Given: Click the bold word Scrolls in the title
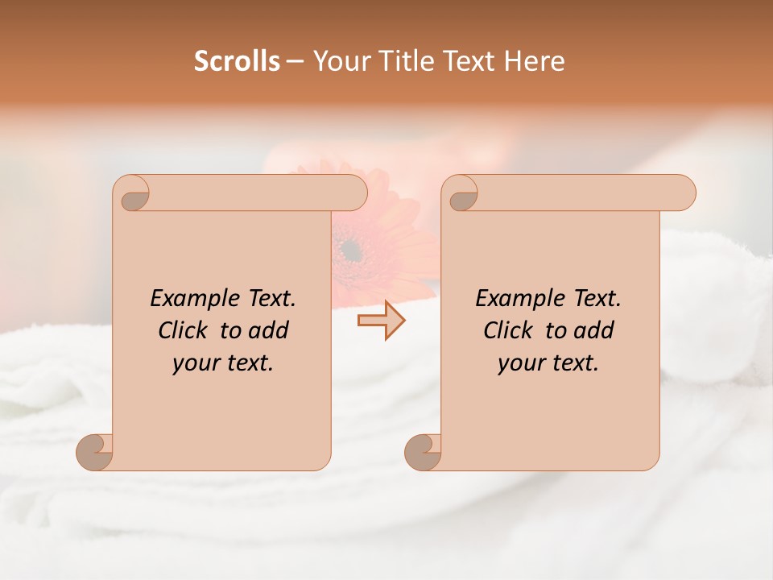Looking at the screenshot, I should click(237, 61).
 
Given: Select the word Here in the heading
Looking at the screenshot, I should click(535, 61).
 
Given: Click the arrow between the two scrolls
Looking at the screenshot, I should click(381, 321).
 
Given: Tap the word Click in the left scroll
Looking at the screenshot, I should click(183, 330).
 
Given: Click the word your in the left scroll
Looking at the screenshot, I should click(194, 363).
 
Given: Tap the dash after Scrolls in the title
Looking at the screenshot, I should click(295, 62).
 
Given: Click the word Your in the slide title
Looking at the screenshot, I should click(337, 61).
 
